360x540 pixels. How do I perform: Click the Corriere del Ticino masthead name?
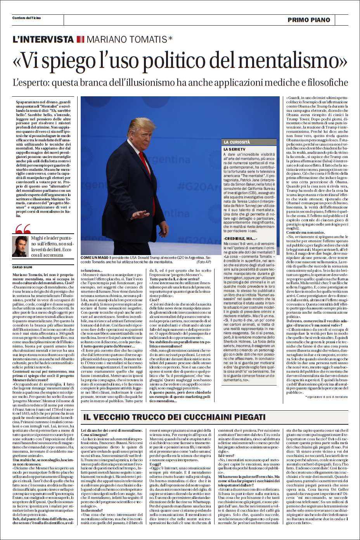pyautogui.click(x=26, y=18)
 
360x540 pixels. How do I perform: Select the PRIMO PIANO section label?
pyautogui.click(x=309, y=20)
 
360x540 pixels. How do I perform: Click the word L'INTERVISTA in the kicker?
pyautogui.click(x=43, y=39)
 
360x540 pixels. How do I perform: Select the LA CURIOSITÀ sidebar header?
pyautogui.click(x=237, y=142)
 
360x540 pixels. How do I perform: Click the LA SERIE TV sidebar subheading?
pyautogui.click(x=234, y=149)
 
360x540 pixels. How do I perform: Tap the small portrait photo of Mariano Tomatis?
pyautogui.click(x=20, y=247)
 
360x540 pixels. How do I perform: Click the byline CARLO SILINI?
pyautogui.click(x=22, y=267)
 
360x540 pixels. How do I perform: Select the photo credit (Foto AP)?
pyautogui.click(x=204, y=262)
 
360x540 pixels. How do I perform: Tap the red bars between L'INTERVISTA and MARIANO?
pyautogui.click(x=80, y=39)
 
